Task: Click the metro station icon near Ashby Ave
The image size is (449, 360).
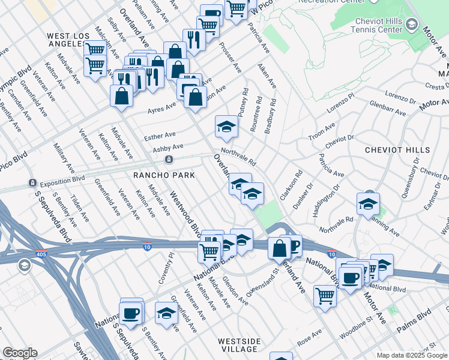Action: pyautogui.click(x=169, y=159)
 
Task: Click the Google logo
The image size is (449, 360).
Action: pyautogui.click(x=20, y=353)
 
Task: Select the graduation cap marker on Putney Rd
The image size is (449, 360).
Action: pyautogui.click(x=226, y=126)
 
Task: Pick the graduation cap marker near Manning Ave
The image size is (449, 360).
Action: pyautogui.click(x=368, y=204)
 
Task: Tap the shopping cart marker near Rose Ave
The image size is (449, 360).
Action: pyautogui.click(x=325, y=295)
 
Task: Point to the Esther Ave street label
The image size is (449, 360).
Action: pyautogui.click(x=160, y=136)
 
